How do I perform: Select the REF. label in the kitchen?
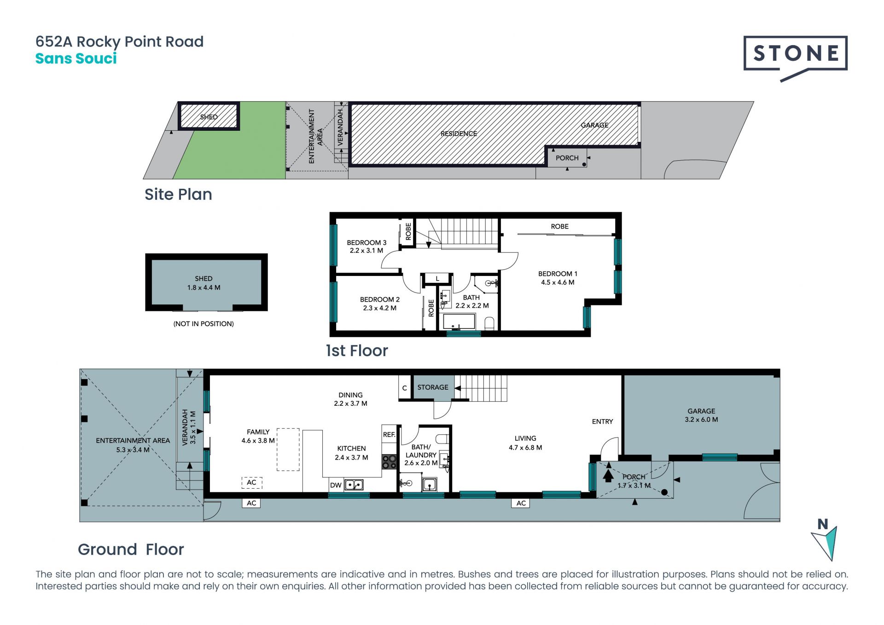click(x=389, y=434)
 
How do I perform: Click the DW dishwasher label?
click(x=336, y=485)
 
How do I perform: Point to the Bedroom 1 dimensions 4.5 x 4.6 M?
click(x=558, y=282)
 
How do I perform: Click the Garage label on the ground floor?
click(x=701, y=411)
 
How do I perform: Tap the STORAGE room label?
click(x=433, y=387)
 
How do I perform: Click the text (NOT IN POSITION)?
click(x=204, y=324)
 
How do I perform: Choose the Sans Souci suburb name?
click(x=76, y=58)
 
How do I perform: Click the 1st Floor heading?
click(x=357, y=351)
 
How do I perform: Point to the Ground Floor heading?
click(x=131, y=549)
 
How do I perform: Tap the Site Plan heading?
click(x=178, y=194)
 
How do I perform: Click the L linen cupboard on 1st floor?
click(x=437, y=279)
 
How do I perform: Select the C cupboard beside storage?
click(x=405, y=388)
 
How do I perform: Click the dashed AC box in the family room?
click(x=252, y=482)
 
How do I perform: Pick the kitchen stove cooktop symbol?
click(x=389, y=461)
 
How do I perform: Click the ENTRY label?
click(x=602, y=421)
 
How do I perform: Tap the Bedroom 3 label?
click(x=366, y=242)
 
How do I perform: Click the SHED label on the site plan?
click(x=209, y=117)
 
